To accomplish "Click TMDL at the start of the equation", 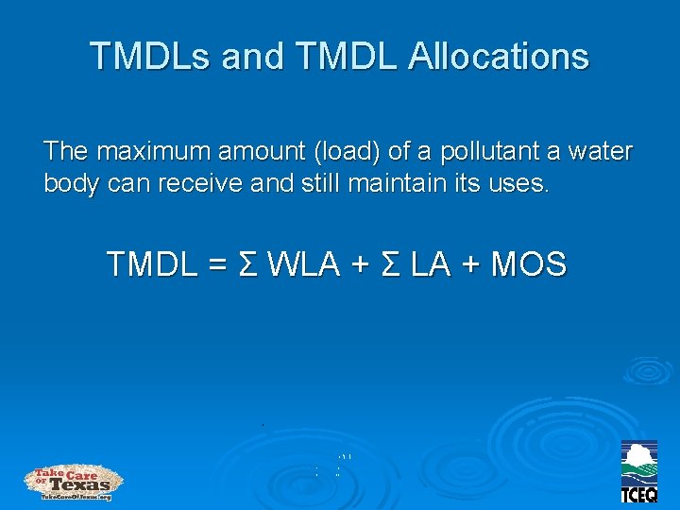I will [152, 264].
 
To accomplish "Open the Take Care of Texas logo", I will [74, 483].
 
